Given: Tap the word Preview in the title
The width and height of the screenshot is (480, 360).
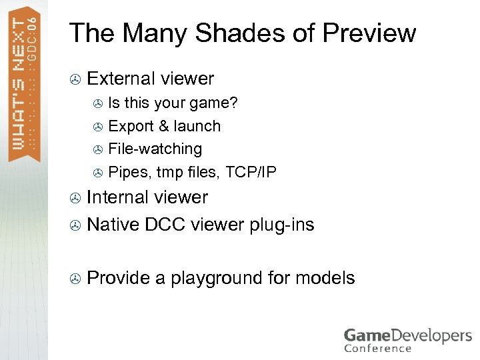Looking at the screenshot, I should point(369,33).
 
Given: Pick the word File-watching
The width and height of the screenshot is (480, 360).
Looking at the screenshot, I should point(155,149).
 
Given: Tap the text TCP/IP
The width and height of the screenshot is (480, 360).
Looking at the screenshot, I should point(251,172).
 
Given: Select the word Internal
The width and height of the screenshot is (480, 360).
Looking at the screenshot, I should point(117,197).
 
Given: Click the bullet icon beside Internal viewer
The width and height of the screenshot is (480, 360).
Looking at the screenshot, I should point(75,198).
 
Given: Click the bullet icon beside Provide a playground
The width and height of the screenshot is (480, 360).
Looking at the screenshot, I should point(75,278).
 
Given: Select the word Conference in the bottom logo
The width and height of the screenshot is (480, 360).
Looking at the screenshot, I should point(378,347).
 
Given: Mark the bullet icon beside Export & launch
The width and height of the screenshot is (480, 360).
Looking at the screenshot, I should point(97,127).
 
